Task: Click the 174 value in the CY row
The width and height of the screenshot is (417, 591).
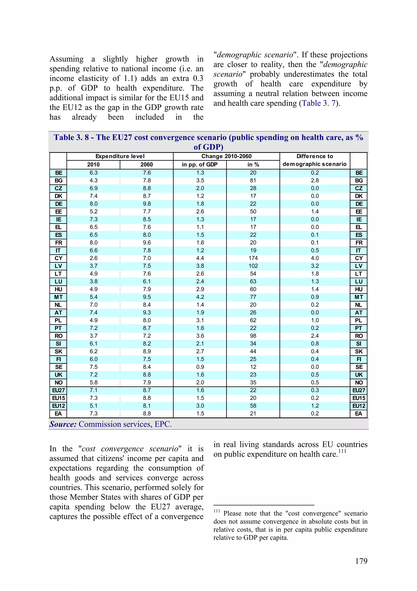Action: point(253,258)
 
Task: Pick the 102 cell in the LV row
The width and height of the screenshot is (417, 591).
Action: point(253,266)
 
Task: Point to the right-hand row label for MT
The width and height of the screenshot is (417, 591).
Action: point(359,297)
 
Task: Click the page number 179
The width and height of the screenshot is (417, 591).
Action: point(361,561)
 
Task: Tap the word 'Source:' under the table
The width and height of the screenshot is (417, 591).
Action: point(63,424)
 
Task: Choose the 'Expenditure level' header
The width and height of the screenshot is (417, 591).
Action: point(120,156)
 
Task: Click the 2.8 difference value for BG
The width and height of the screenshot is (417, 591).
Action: point(315,180)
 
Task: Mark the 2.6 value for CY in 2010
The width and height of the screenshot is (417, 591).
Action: point(93,258)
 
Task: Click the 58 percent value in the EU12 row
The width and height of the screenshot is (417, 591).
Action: point(253,406)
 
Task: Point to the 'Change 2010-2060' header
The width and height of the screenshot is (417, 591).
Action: point(226,156)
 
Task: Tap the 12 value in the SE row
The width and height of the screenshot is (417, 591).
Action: point(253,367)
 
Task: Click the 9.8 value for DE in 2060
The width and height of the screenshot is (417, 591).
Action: point(147,204)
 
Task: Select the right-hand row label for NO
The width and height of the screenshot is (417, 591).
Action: point(359,383)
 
